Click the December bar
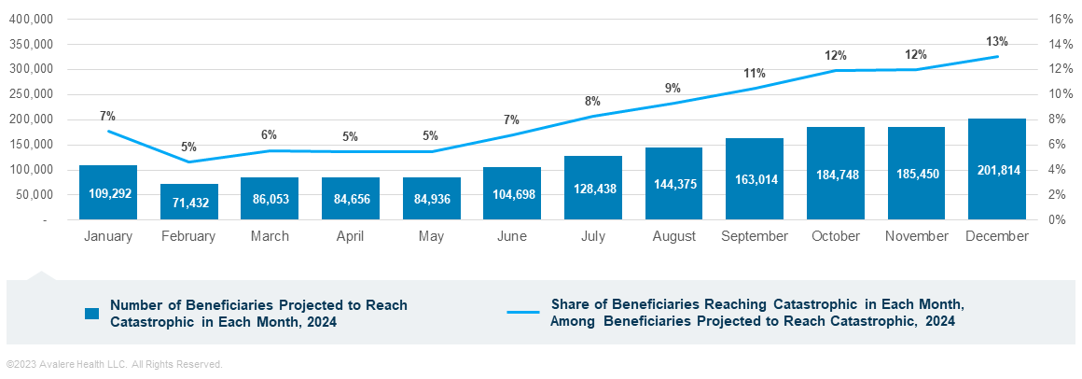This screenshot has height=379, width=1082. point(997,169)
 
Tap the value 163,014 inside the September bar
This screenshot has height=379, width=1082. point(755,180)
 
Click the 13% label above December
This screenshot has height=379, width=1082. point(997,42)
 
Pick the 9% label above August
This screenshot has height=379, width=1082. point(673,89)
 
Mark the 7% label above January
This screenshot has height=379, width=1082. point(107,117)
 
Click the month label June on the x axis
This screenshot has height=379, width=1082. point(512,237)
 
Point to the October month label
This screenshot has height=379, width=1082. point(836,237)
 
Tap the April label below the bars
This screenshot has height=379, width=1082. point(350,237)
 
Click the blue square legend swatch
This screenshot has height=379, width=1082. point(91,314)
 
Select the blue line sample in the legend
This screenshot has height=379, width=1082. point(522,313)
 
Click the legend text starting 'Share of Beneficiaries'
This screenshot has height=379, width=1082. point(756,314)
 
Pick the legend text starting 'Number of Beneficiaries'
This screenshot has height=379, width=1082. point(258,314)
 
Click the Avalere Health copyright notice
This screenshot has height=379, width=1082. point(114,364)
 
